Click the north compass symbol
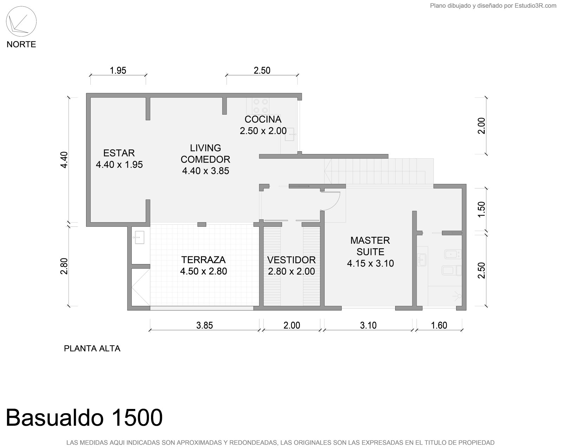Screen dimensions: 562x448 [21, 21]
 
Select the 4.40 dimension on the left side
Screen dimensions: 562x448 [64, 160]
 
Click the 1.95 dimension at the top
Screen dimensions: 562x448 [118, 70]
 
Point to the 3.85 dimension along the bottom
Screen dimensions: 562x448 [204, 325]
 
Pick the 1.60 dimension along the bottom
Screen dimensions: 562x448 [439, 325]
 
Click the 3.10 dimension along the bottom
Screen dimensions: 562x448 [368, 325]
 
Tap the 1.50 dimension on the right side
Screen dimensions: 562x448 [481, 209]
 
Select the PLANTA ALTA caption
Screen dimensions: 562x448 [92, 348]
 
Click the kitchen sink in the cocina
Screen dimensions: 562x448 [290, 134]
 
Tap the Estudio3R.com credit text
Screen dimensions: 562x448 [535, 6]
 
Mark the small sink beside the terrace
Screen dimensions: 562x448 [139, 237]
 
